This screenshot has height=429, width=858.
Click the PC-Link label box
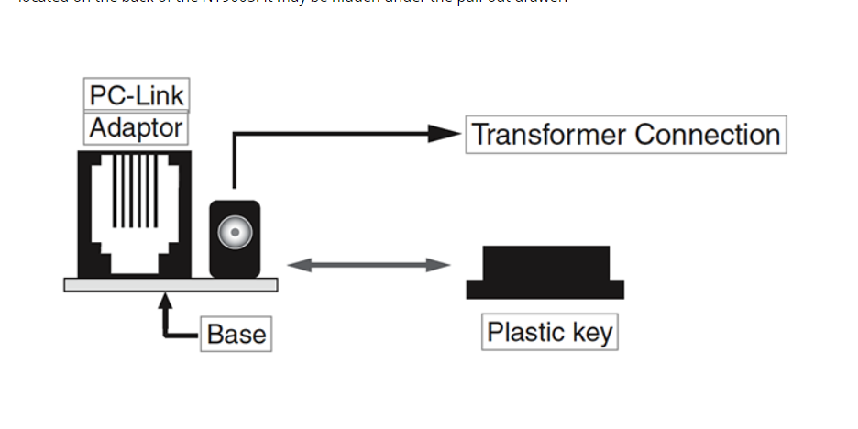137,95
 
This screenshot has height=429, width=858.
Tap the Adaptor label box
136,127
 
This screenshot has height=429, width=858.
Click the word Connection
707,135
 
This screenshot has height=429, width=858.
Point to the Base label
236,334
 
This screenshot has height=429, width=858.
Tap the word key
593,332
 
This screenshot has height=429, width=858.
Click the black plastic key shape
545,266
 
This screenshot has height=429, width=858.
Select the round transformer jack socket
235,233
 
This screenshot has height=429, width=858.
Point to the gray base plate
170,285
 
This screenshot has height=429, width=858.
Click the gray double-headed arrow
368,266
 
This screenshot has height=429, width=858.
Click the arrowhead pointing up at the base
166,299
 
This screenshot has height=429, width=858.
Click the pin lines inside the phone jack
135,191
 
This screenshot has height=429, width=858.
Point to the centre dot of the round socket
235,233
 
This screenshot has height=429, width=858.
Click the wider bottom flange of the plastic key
545,290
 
